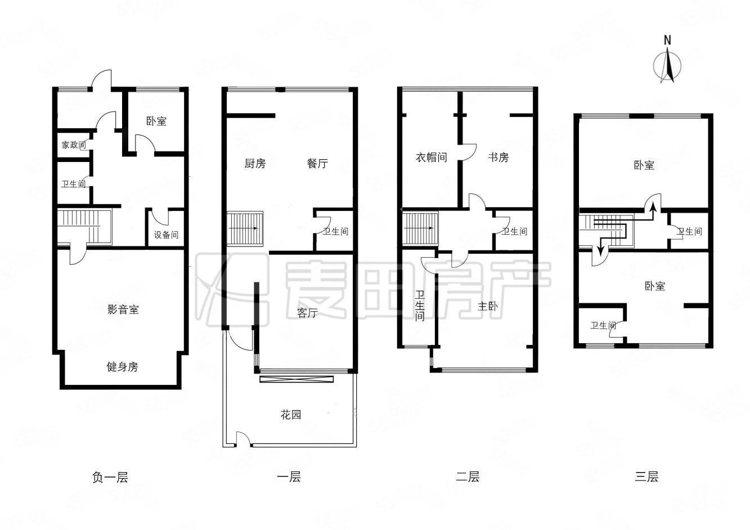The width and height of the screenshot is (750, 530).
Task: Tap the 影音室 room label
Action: pos(123,309)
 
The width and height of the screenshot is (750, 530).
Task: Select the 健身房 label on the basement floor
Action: pos(122,367)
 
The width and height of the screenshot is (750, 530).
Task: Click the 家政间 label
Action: pos(74,145)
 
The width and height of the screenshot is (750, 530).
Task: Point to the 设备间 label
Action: pos(166,235)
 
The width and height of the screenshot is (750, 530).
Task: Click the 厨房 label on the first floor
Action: pos(255,163)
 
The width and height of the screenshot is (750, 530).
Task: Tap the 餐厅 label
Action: pos(317,163)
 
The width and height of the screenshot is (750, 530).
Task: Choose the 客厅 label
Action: pos(307,313)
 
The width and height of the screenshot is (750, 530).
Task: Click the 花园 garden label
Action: pos(291,415)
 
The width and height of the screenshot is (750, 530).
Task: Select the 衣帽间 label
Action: pos(431,157)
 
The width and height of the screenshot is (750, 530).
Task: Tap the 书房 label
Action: pos(498,157)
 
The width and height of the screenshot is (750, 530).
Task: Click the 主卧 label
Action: pos(487,306)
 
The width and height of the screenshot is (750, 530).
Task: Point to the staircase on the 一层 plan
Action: pos(245,228)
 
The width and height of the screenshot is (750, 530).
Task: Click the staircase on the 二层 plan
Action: pos(420,228)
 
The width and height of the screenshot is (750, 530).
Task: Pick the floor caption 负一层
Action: pos(110,477)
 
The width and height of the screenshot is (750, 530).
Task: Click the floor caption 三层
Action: pos(646,477)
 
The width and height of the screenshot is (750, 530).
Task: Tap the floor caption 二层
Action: pos(468,477)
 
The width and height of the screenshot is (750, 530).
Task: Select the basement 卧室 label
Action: pos(156,121)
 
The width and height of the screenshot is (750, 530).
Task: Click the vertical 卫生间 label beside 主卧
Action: pos(420,306)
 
